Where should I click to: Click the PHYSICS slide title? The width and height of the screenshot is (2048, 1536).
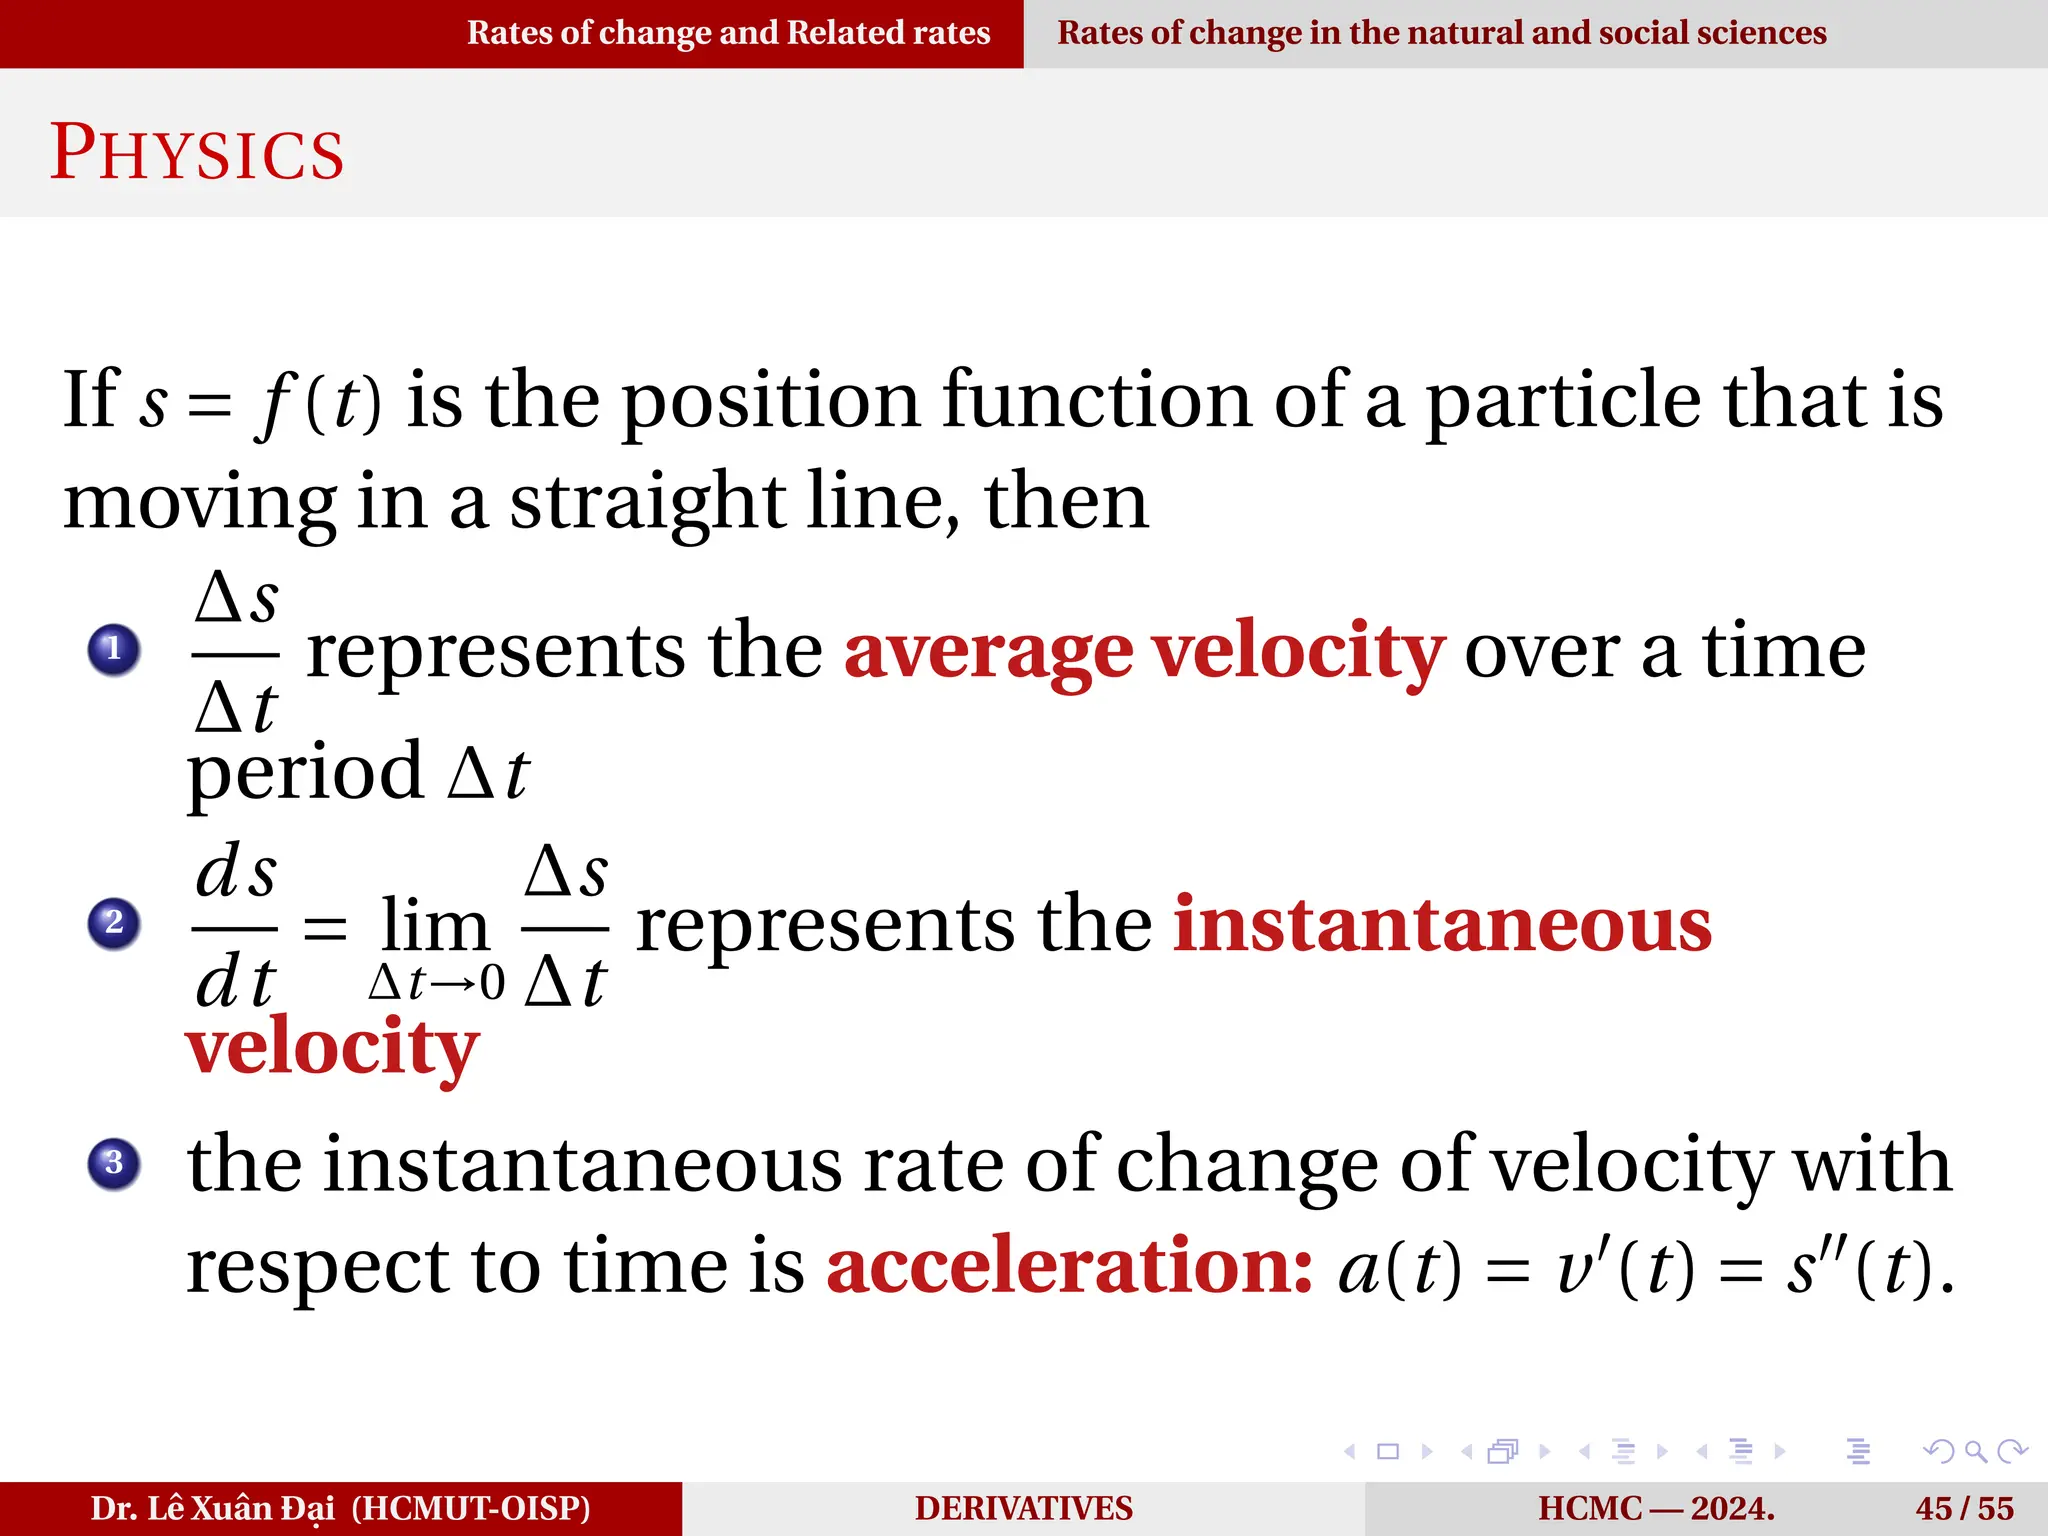[197, 153]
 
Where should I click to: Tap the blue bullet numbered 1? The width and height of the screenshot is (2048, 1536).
[114, 649]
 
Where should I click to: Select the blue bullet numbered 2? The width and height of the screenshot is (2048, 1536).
[114, 922]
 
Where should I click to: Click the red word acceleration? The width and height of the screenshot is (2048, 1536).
[1069, 1266]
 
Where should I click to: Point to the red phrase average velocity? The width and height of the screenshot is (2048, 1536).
[1144, 652]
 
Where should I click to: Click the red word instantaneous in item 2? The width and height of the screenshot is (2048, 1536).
[1442, 925]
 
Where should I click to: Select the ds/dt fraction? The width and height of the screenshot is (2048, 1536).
[235, 925]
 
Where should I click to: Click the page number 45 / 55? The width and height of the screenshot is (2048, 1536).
[1964, 1508]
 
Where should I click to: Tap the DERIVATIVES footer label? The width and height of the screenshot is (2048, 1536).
[1023, 1508]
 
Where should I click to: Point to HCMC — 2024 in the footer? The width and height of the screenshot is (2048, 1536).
[1656, 1508]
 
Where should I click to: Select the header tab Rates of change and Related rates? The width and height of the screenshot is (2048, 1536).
[728, 33]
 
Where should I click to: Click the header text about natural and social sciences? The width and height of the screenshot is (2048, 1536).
[1441, 33]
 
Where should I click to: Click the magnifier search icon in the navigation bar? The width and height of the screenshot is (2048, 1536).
[1975, 1451]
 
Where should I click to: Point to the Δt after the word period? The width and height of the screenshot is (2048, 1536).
[488, 773]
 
